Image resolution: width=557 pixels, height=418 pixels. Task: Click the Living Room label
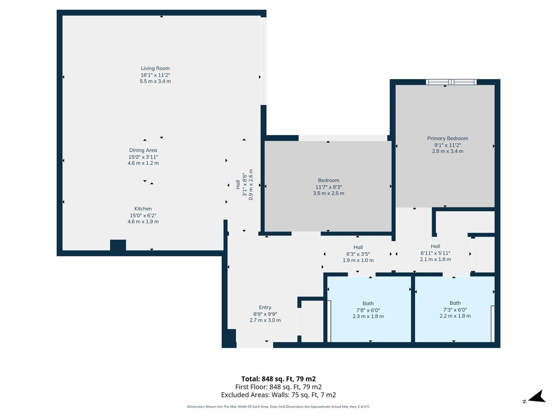[x=155, y=69]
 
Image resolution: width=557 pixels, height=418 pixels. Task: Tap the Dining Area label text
[x=143, y=150]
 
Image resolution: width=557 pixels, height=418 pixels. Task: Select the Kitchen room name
[x=143, y=209]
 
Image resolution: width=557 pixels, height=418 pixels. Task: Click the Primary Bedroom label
[x=448, y=138]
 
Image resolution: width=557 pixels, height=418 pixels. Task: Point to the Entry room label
[x=265, y=307]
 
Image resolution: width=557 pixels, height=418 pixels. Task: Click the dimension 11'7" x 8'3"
[x=328, y=187]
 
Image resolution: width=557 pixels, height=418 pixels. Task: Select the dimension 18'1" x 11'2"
[x=155, y=75]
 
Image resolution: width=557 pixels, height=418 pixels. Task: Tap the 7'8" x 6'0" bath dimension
[x=368, y=310]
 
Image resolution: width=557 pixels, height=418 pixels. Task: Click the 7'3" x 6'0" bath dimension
[x=455, y=310]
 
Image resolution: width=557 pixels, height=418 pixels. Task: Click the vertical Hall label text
[x=238, y=185]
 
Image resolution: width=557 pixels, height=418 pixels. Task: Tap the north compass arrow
[x=536, y=397]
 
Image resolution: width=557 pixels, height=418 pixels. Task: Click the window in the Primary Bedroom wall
[x=451, y=82]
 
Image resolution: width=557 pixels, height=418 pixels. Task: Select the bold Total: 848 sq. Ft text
[x=278, y=379]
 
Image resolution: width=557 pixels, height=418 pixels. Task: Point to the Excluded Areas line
[x=278, y=395]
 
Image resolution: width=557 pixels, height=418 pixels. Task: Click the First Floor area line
[x=278, y=387]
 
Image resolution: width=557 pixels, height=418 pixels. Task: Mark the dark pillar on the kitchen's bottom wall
[x=118, y=246]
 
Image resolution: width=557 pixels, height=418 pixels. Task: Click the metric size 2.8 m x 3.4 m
[x=448, y=151]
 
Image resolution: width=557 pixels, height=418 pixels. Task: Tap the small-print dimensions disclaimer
[x=278, y=407]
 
